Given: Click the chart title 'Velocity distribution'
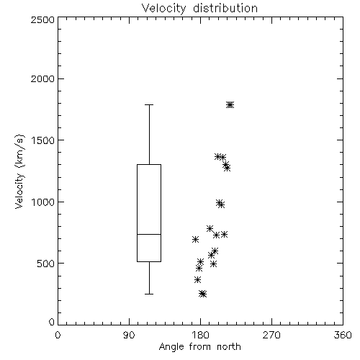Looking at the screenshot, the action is coord(199,8).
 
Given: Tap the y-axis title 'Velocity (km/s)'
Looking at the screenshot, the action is coord(19,171).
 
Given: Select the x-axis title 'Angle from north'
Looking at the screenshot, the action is coord(199,347).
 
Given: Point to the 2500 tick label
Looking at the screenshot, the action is coord(42,19).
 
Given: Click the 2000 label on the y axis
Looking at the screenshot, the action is coord(42,78).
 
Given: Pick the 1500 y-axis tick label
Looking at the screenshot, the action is coord(43,140).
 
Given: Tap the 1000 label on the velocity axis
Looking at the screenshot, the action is coord(43,202).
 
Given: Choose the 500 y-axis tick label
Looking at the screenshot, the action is coord(46,264).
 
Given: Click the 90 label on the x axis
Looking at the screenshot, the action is coord(129,335).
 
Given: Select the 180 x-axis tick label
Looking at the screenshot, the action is coord(200,335).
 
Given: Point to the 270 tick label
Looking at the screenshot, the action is coord(271,335).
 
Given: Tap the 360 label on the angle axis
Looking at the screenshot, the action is coord(343,335).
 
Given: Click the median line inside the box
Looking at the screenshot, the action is coord(149,234).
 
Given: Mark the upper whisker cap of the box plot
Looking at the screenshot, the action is coord(149,105).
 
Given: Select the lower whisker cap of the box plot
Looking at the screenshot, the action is coord(149,294).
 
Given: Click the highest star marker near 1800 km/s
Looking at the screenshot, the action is coord(230,105).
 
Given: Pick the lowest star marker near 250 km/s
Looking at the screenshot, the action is coord(203,294).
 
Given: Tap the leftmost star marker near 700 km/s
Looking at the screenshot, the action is coord(195,239).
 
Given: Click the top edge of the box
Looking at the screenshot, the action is coord(149,164).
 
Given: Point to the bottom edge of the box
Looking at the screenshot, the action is coord(149,261).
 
